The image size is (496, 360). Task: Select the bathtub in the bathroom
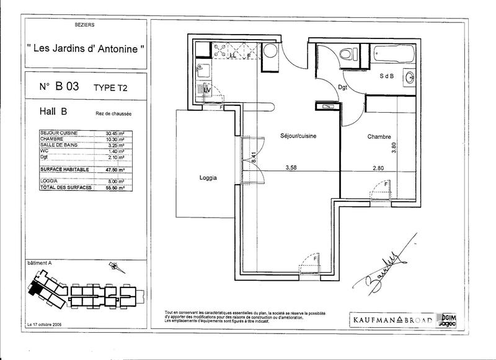click(x=391, y=55)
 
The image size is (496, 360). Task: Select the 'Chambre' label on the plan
click(x=378, y=136)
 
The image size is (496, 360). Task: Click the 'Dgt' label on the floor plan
click(x=342, y=87)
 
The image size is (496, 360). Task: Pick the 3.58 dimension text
click(x=291, y=167)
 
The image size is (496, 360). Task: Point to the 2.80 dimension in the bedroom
click(x=379, y=167)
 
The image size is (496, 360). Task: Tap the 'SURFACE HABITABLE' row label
click(x=64, y=169)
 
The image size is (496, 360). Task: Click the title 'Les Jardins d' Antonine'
click(x=86, y=48)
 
